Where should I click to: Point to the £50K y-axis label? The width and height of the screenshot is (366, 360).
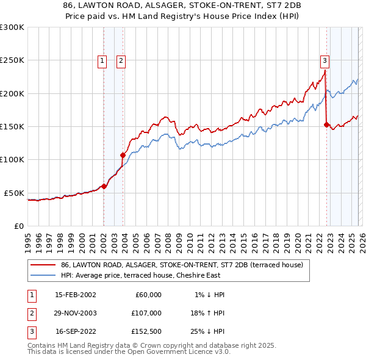(x=14, y=193)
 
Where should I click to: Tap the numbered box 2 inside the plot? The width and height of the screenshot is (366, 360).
(x=121, y=60)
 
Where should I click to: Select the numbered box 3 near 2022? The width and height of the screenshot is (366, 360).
(x=325, y=60)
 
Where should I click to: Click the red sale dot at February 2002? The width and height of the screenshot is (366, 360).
(x=104, y=186)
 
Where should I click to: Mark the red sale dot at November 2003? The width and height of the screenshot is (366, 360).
(x=123, y=155)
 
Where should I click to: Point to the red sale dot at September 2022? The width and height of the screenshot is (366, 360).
(x=326, y=125)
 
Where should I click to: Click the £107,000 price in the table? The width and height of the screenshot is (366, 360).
(x=146, y=313)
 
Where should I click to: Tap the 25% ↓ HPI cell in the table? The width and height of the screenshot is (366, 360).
(x=206, y=332)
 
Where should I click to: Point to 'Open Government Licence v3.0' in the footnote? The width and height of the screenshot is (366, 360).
(x=178, y=351)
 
